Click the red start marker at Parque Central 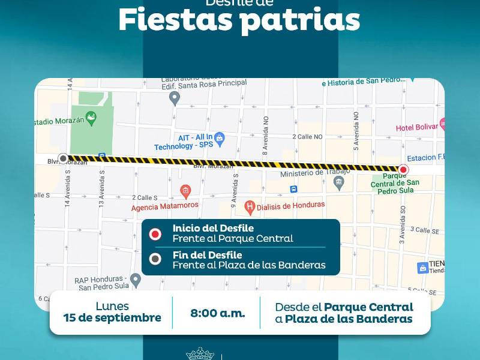(x=403, y=170)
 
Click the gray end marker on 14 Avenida (x=63, y=158)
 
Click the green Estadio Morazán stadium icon (x=91, y=118)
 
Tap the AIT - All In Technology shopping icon (x=219, y=139)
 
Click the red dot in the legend (x=155, y=233)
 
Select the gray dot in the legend (x=155, y=260)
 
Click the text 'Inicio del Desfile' (x=213, y=228)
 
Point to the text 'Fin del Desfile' (x=208, y=255)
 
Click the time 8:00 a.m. (x=217, y=313)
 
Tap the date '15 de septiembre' (x=112, y=318)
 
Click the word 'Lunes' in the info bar (x=112, y=307)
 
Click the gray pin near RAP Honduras (x=136, y=279)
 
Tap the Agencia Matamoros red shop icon (x=185, y=191)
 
